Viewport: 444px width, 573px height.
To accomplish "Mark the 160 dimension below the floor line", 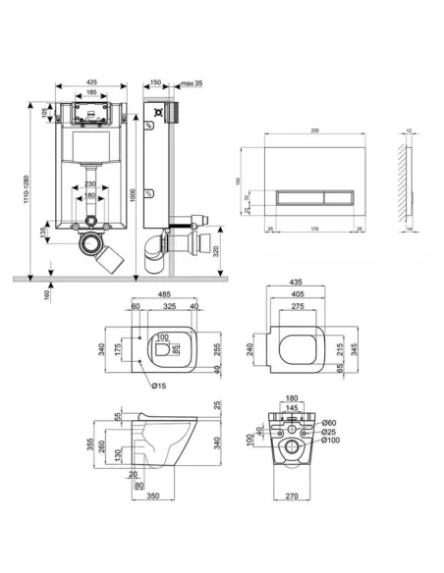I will (47, 295).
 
